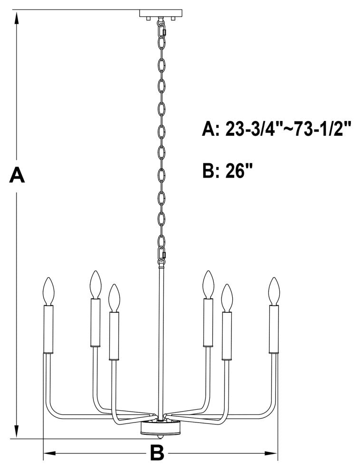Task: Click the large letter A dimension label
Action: [x=17, y=175]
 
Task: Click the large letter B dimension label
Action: [x=157, y=453]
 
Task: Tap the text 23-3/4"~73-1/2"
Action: [x=288, y=130]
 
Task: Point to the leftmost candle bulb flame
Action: [x=48, y=291]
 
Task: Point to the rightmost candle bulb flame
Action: [x=273, y=291]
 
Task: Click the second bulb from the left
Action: [x=95, y=285]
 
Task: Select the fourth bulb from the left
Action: [x=207, y=285]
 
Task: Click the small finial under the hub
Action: [x=161, y=436]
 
